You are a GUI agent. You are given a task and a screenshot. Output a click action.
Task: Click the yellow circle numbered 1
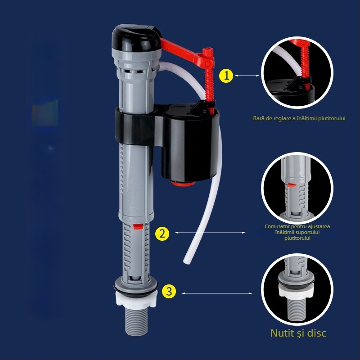click(x=226, y=76)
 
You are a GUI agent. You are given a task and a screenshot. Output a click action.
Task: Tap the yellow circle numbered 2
click(x=162, y=234)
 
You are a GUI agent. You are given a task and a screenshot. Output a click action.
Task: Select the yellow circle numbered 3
click(x=169, y=292)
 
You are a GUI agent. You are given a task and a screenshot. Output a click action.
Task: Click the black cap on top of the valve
click(x=136, y=36)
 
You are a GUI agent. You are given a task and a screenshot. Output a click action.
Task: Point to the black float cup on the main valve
click(x=190, y=142)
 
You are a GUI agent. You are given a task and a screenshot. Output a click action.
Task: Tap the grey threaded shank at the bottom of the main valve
click(x=136, y=321)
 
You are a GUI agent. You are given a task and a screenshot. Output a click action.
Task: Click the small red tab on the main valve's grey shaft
click(x=138, y=227)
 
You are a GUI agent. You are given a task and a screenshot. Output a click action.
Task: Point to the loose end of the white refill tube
click(x=186, y=261)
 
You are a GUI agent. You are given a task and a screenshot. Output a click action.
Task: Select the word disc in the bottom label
click(x=317, y=333)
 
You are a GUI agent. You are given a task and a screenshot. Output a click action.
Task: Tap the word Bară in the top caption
click(x=258, y=118)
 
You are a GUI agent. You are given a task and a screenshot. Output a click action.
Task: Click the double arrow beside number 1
click(x=247, y=75)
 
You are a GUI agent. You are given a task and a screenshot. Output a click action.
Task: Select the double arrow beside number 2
click(x=210, y=233)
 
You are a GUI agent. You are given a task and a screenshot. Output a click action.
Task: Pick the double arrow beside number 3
click(x=217, y=293)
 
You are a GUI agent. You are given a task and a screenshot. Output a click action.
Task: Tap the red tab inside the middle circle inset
click(x=291, y=184)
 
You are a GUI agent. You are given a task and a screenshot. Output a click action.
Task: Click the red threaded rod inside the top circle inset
click(x=305, y=65)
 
